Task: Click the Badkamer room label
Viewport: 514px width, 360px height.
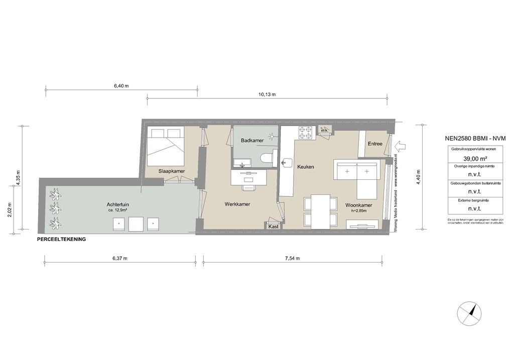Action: pyautogui.click(x=252, y=141)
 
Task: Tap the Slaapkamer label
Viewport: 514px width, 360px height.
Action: pyautogui.click(x=172, y=171)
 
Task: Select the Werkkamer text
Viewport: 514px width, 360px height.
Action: pyautogui.click(x=237, y=204)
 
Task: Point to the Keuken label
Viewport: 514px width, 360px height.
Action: pyautogui.click(x=305, y=167)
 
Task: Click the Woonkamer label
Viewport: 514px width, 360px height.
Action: pyautogui.click(x=358, y=205)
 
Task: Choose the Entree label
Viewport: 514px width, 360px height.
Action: pyautogui.click(x=375, y=144)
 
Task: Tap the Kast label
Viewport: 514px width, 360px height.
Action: pyautogui.click(x=274, y=227)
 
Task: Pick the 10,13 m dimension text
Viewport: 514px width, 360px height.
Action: pyautogui.click(x=267, y=94)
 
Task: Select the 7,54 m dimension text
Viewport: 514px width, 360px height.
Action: pyautogui.click(x=292, y=259)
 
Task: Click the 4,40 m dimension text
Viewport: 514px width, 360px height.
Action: pyautogui.click(x=418, y=177)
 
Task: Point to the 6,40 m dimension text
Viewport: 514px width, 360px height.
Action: pyautogui.click(x=121, y=86)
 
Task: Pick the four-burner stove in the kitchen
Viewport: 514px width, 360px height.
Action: pyautogui.click(x=307, y=133)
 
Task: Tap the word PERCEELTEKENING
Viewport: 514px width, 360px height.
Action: pyautogui.click(x=61, y=239)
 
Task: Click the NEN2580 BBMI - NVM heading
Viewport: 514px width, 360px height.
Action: pyautogui.click(x=475, y=139)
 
